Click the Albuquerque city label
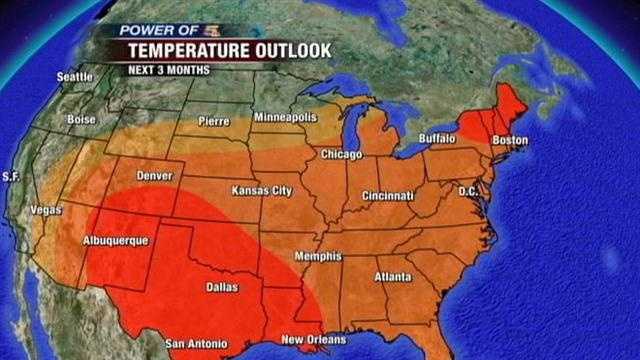(115, 241)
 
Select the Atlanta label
(392, 276)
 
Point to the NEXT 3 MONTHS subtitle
(165, 70)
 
